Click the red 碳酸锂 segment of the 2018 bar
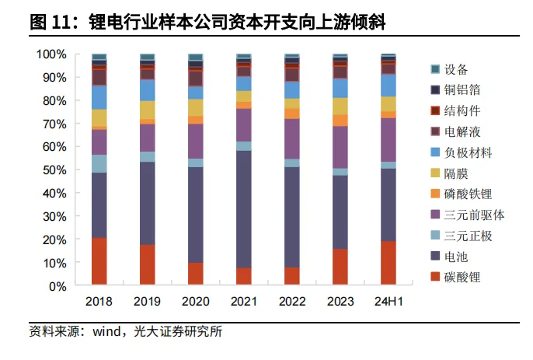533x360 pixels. (x=99, y=261)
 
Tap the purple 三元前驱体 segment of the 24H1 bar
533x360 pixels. (x=388, y=139)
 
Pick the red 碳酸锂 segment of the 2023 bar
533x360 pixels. (x=340, y=267)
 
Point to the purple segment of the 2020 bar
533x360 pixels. (x=196, y=141)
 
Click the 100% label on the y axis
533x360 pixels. (x=51, y=54)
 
